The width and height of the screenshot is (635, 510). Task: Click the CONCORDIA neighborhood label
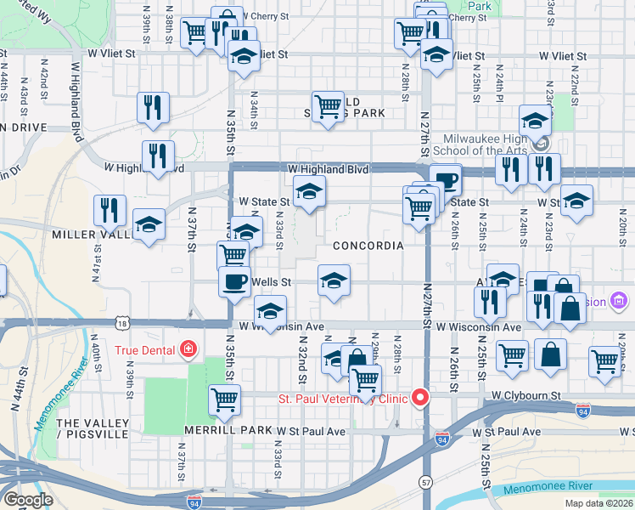tap(368, 246)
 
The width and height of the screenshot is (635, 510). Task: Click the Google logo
tap(27, 500)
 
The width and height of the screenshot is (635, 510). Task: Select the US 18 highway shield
tap(125, 324)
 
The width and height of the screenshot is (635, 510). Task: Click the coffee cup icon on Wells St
tap(234, 280)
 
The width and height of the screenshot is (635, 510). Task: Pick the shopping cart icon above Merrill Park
tap(224, 399)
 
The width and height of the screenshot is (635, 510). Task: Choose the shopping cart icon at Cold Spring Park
tap(328, 107)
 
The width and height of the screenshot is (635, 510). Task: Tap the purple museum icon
tap(618, 301)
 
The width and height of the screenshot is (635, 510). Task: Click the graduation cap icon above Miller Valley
tap(149, 225)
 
